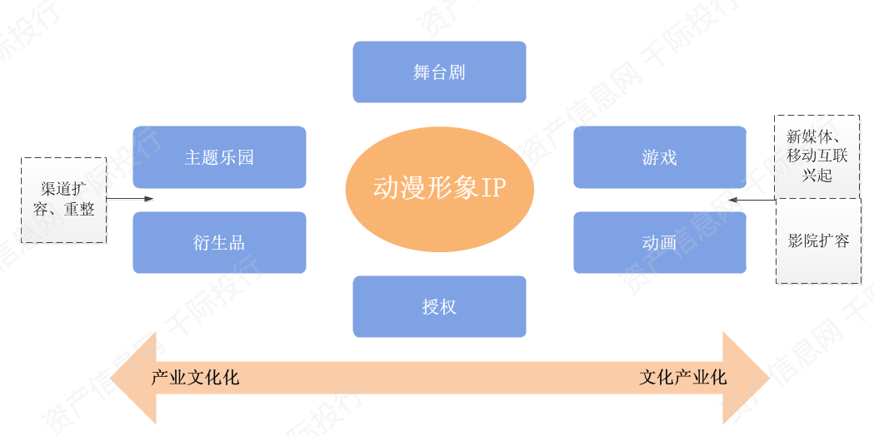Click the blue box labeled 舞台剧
pyautogui.click(x=439, y=72)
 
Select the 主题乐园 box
pyautogui.click(x=219, y=157)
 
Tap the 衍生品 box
pyautogui.click(x=219, y=242)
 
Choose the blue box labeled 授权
pyautogui.click(x=439, y=306)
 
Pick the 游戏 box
pyautogui.click(x=659, y=157)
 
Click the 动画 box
pyautogui.click(x=659, y=242)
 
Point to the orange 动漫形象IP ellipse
pyautogui.click(x=440, y=189)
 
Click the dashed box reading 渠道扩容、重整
pyautogui.click(x=63, y=200)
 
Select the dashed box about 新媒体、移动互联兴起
pyautogui.click(x=817, y=157)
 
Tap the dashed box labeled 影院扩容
pyautogui.click(x=818, y=241)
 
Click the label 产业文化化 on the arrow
pyautogui.click(x=195, y=378)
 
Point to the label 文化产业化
pyautogui.click(x=683, y=378)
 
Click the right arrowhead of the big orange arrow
pyautogui.click(x=746, y=378)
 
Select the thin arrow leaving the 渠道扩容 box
pyautogui.click(x=129, y=199)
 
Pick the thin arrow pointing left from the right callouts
pyautogui.click(x=752, y=200)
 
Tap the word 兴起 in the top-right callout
pyautogui.click(x=817, y=174)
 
